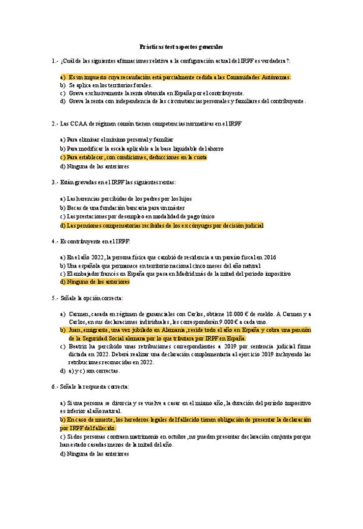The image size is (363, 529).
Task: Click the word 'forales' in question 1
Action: pyautogui.click(x=141, y=85)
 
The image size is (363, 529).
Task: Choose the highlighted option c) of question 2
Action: pyautogui.click(x=133, y=158)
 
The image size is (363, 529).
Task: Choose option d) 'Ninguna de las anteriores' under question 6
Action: pyautogui.click(x=94, y=454)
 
